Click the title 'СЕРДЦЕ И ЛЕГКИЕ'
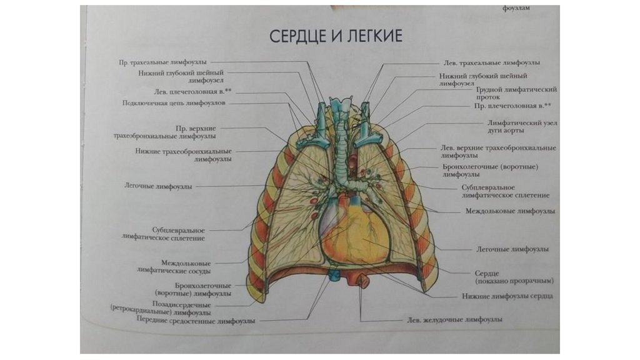(336, 36)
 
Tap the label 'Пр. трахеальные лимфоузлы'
(163, 62)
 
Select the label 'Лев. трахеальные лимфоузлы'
(491, 63)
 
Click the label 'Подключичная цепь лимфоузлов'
(170, 103)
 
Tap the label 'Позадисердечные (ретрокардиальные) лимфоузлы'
(160, 308)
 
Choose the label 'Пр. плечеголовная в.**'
(512, 106)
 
